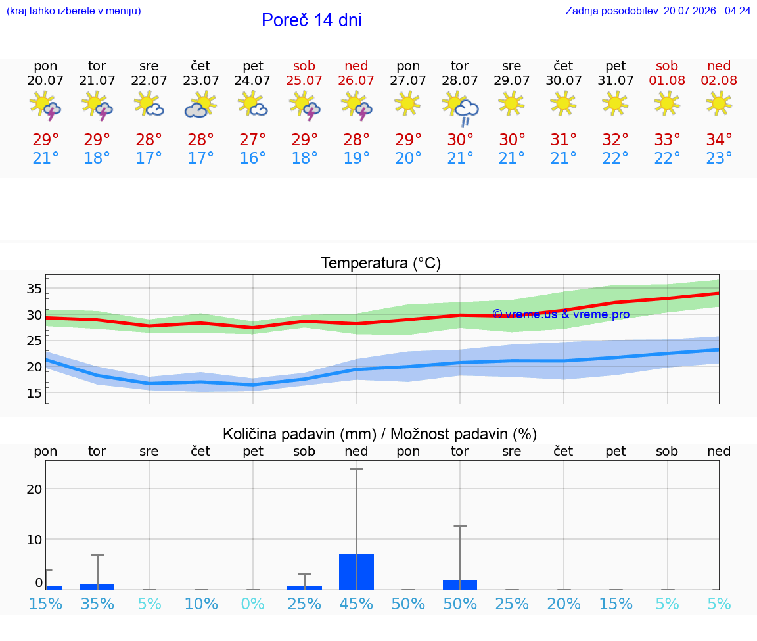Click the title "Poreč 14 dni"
pyautogui.click(x=311, y=20)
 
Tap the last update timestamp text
pyautogui.click(x=658, y=11)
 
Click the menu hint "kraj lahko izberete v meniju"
pyautogui.click(x=74, y=11)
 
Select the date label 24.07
pyautogui.click(x=252, y=81)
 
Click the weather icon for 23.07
pyautogui.click(x=200, y=105)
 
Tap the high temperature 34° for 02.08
pyautogui.click(x=719, y=139)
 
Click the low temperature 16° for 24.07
pyautogui.click(x=252, y=158)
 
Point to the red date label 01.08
pyautogui.click(x=667, y=81)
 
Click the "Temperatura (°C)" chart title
pyautogui.click(x=381, y=263)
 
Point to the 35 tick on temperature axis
pyautogui.click(x=34, y=289)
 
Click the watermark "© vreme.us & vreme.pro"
pyautogui.click(x=561, y=314)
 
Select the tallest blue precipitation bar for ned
pyautogui.click(x=356, y=571)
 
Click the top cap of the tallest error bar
pyautogui.click(x=356, y=469)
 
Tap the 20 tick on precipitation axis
pyautogui.click(x=34, y=489)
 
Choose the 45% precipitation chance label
pyautogui.click(x=356, y=604)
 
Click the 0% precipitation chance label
pyautogui.click(x=252, y=604)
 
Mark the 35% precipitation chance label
pyautogui.click(x=97, y=604)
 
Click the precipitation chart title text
pyautogui.click(x=380, y=435)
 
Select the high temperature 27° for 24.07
pyautogui.click(x=252, y=139)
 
